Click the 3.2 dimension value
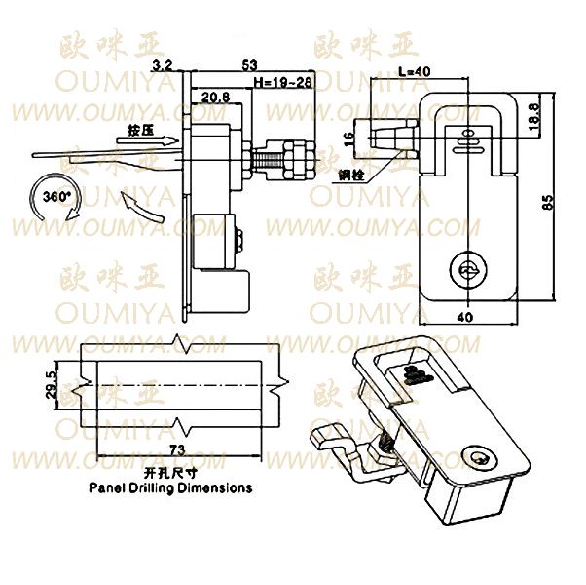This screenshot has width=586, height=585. (165, 65)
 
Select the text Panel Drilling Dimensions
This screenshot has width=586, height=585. (169, 487)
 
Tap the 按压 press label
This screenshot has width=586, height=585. (139, 128)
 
